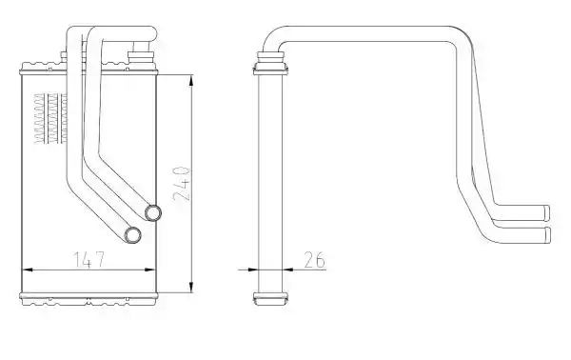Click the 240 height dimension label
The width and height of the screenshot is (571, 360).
click(x=182, y=184)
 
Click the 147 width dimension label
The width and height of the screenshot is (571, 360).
click(x=89, y=259)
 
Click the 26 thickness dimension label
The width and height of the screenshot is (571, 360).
click(x=314, y=260)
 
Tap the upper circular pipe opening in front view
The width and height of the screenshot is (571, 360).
click(x=153, y=212)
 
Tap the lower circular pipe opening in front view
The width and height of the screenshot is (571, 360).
click(x=132, y=235)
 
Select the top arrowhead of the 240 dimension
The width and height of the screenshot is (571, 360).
click(x=191, y=80)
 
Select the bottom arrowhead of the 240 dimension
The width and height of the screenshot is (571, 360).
click(x=191, y=287)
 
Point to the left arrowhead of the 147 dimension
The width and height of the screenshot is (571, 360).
click(x=28, y=270)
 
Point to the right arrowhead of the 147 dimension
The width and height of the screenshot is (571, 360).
click(x=150, y=270)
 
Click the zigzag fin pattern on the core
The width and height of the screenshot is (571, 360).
click(x=50, y=118)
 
